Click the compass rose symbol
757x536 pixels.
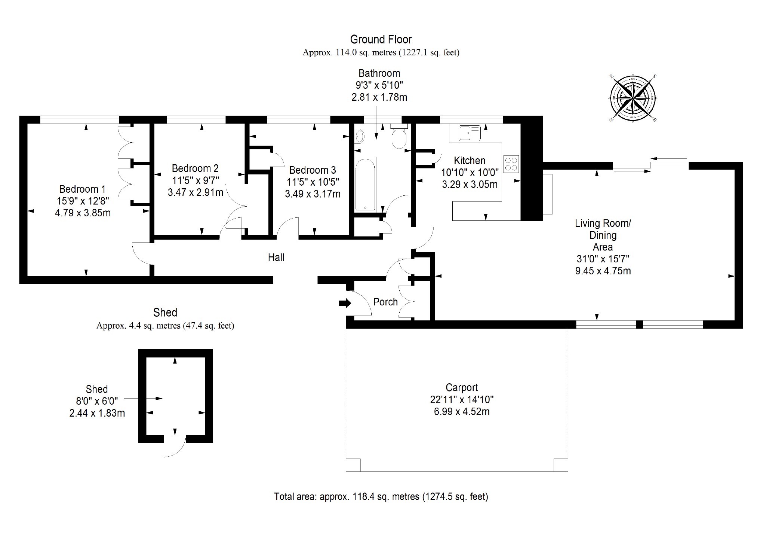click(633, 98)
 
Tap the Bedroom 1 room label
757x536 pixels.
click(82, 189)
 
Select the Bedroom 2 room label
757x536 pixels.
click(195, 168)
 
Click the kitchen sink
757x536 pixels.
click(470, 133)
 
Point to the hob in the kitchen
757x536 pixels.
click(511, 164)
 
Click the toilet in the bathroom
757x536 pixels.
click(399, 137)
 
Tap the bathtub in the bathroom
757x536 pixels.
click(365, 184)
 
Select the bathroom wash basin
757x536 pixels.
click(359, 136)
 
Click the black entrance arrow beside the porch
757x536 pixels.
click(345, 303)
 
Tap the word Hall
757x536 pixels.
click(276, 258)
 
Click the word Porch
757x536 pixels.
click(385, 302)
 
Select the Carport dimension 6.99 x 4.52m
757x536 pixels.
click(462, 412)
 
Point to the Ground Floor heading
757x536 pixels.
click(381, 39)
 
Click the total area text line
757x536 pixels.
click(381, 497)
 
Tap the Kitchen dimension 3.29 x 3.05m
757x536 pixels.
click(470, 185)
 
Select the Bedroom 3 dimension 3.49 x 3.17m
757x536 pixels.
click(313, 194)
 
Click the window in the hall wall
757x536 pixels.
click(295, 280)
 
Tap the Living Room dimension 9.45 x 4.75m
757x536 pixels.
click(603, 271)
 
